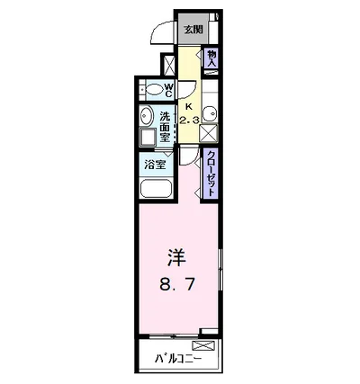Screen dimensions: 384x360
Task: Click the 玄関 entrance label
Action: (192, 29)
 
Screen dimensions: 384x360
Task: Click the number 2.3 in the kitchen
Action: (188, 120)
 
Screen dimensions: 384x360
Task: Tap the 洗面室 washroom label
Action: (166, 127)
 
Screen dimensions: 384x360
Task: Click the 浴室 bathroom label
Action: (154, 165)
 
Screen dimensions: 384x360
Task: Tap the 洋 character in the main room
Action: (177, 257)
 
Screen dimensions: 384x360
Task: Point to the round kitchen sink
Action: (209, 113)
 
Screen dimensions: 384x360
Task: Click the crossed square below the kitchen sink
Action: (209, 133)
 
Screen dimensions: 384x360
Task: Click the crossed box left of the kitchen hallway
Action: (168, 66)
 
